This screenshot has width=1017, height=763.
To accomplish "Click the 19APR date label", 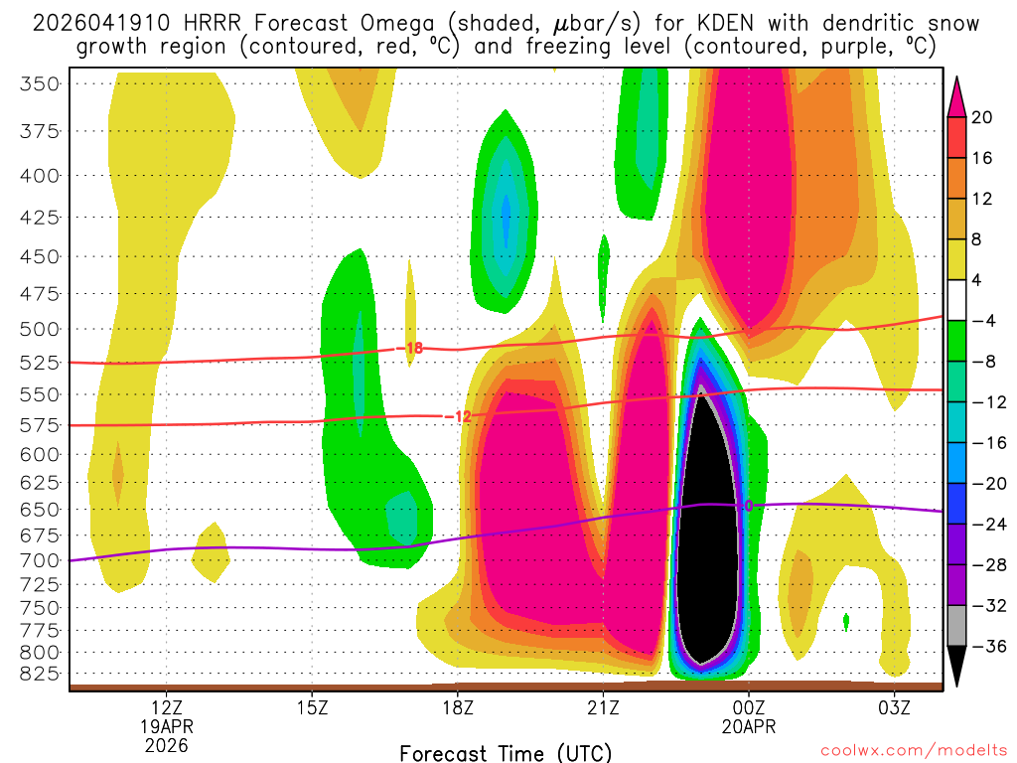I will tap(166, 726).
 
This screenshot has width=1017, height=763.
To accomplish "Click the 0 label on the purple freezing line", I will tap(749, 506).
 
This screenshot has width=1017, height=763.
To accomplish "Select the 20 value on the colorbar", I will tap(982, 117).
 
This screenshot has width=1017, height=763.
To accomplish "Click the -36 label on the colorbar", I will tap(983, 647).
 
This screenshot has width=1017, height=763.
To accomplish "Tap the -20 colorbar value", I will tap(983, 484).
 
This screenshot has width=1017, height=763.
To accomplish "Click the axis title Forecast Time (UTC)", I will tap(506, 752).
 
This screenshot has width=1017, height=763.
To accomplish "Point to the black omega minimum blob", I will tap(706, 536).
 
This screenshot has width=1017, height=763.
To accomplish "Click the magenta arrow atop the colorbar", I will tap(957, 94).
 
